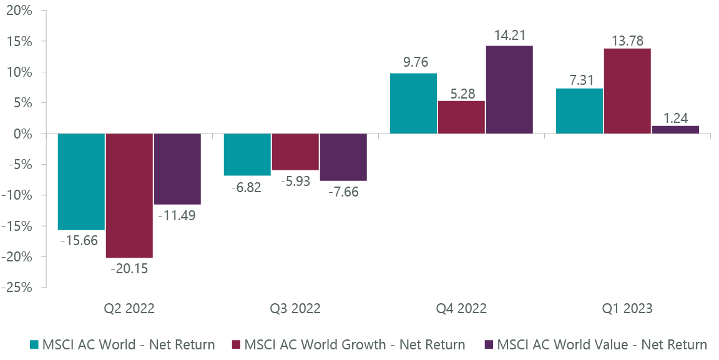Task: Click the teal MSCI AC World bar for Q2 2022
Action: (81, 182)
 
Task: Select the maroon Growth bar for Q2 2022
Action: (129, 195)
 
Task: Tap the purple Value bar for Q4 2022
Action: (509, 89)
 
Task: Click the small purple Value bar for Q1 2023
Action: (675, 129)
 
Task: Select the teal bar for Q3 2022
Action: (247, 154)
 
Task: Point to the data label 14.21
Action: (509, 34)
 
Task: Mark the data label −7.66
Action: (343, 192)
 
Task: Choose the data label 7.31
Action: (580, 77)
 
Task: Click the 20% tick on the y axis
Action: (25, 11)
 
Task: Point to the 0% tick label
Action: (28, 134)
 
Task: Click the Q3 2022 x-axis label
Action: (295, 309)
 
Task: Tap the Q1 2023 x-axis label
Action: (627, 309)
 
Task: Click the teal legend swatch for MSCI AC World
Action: (34, 344)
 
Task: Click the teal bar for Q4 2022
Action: (413, 103)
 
